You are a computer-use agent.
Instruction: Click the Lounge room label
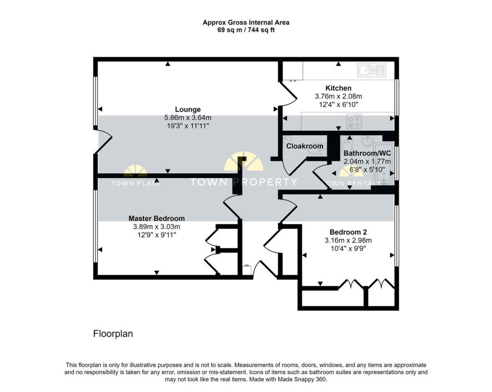coord(188,110)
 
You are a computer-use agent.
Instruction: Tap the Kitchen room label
coord(338,88)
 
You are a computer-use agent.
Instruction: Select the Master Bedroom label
coord(156,219)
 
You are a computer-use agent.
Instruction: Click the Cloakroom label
coord(305,146)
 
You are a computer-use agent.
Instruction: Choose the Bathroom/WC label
coord(367,154)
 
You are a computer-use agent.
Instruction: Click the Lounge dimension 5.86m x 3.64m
coord(188,118)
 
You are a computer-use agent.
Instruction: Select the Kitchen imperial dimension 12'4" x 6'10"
coord(338,104)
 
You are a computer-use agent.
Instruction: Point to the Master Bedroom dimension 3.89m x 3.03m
coord(156,227)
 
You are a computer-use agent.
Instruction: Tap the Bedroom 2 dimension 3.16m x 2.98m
coord(348,240)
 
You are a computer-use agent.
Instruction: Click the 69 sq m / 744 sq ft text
coord(246,30)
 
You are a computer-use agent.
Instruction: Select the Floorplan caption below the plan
coord(112,333)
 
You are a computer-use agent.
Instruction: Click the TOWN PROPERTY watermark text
coord(244,182)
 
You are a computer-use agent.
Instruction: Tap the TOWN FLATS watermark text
coord(135,183)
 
